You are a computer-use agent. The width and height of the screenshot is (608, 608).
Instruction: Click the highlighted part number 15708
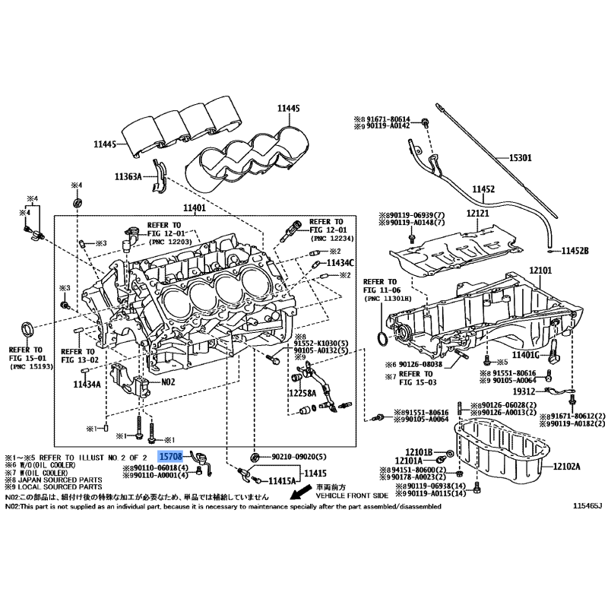pos(170,457)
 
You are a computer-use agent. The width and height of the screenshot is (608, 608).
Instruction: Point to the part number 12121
pos(477,216)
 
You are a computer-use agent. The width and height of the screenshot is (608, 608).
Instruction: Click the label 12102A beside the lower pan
pos(566,467)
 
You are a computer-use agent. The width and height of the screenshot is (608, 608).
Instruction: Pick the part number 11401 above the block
pos(194,207)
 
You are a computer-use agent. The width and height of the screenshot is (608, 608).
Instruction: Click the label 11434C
pos(340,262)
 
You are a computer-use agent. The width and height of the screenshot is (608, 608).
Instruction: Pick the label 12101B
pos(418,451)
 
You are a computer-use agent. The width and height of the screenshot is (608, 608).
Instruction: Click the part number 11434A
pos(87,385)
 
